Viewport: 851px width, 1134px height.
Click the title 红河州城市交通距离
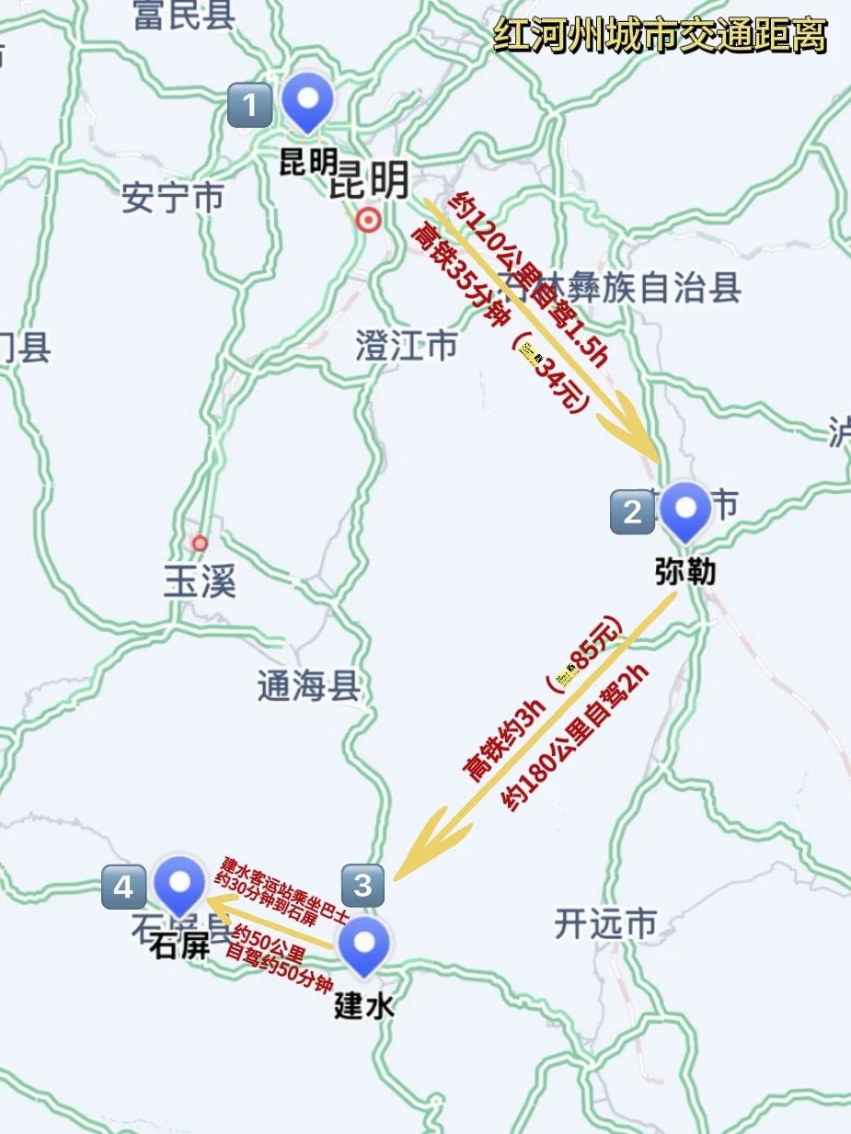click(660, 37)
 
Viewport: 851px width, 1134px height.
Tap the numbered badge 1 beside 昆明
click(249, 105)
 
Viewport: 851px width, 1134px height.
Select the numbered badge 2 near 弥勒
click(632, 511)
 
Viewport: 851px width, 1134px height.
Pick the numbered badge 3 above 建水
click(362, 886)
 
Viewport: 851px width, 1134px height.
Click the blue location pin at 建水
click(364, 945)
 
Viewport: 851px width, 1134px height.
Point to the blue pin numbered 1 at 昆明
click(307, 100)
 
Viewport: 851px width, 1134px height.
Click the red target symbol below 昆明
click(369, 221)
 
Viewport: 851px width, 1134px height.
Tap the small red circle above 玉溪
click(200, 543)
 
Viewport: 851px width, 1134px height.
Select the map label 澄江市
click(406, 347)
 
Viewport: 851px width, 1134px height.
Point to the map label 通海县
click(308, 686)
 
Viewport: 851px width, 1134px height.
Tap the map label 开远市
click(606, 923)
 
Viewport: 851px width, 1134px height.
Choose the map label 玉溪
click(200, 582)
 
